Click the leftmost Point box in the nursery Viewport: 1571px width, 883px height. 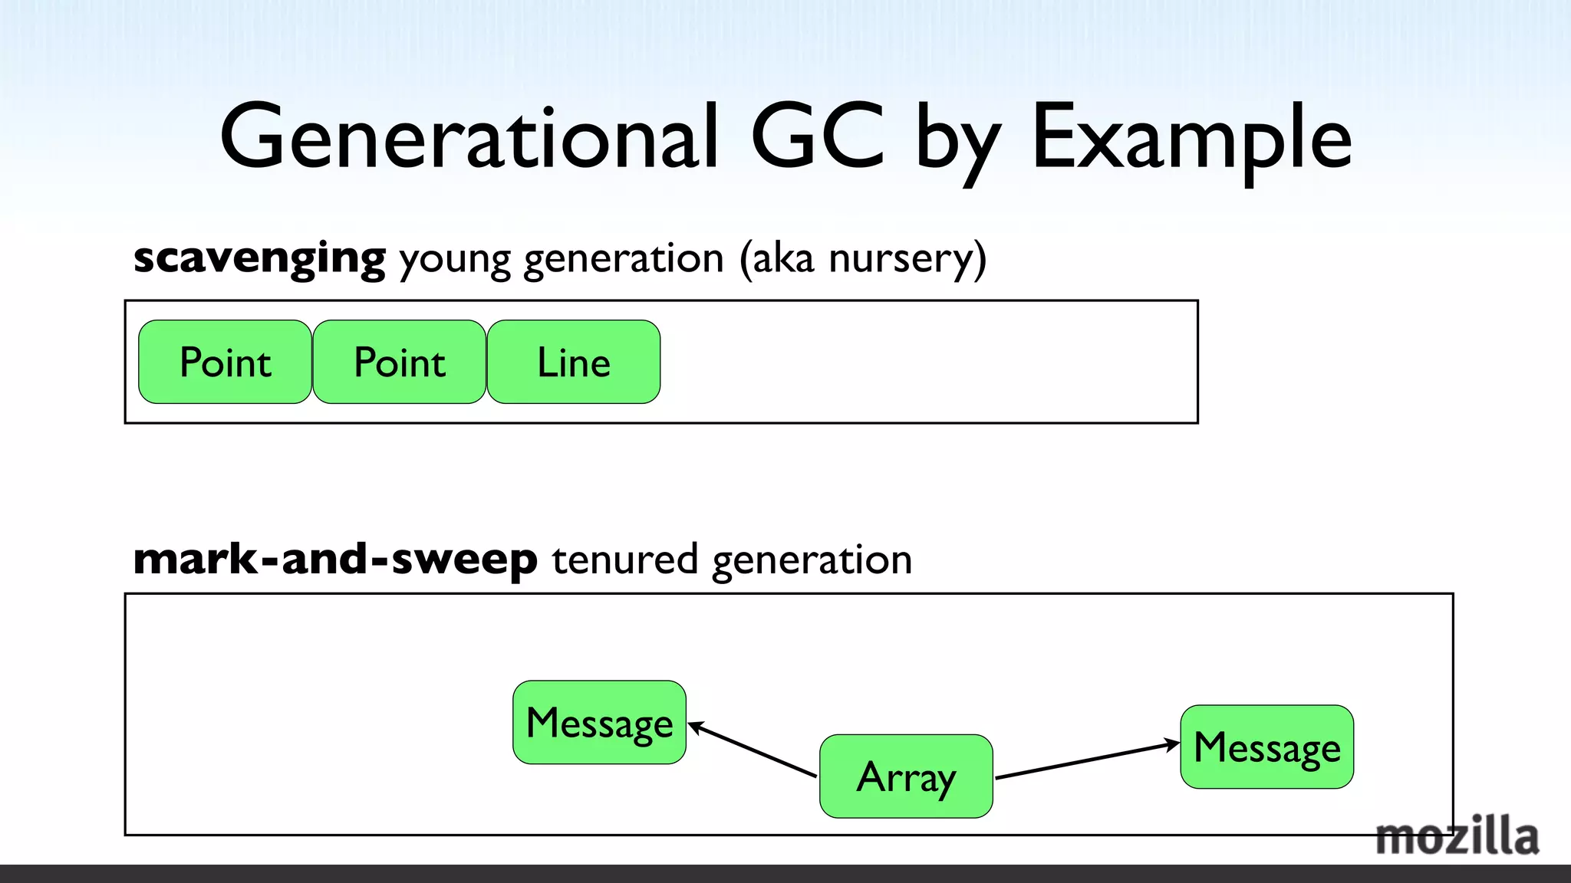tap(225, 362)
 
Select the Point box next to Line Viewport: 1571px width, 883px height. tap(399, 362)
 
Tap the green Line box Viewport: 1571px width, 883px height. tap(573, 362)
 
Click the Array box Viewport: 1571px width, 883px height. tap(906, 776)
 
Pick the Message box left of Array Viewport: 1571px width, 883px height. tap(599, 722)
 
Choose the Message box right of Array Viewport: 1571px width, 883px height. tap(1266, 747)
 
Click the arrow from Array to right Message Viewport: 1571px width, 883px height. tap(1087, 760)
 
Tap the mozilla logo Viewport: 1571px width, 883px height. tap(1456, 836)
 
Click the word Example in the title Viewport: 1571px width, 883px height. tap(1191, 138)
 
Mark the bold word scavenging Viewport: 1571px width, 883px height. tap(259, 259)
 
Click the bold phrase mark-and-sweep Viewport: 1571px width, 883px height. tap(335, 560)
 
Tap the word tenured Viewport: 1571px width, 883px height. tap(624, 560)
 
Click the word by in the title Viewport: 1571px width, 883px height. tap(958, 142)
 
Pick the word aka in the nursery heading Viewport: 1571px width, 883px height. tap(782, 258)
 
